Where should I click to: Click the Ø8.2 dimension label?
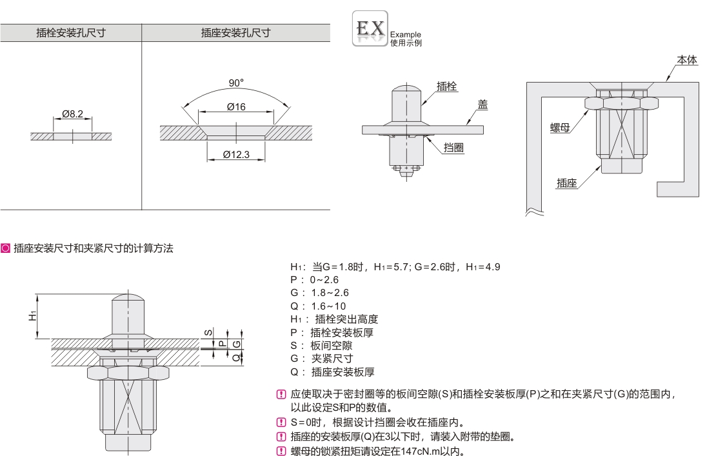[x=73, y=114]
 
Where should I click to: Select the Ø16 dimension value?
[x=237, y=107]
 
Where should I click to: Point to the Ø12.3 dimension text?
[x=236, y=154]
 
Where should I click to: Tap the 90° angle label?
[x=237, y=83]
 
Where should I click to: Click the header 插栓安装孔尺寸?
[x=71, y=33]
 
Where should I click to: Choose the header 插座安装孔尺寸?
[x=235, y=33]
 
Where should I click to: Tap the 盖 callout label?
[x=482, y=104]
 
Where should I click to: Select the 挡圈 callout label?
[x=455, y=148]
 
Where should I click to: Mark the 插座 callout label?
[x=566, y=183]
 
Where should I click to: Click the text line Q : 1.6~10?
[x=320, y=306]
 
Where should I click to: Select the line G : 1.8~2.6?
[x=320, y=292]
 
